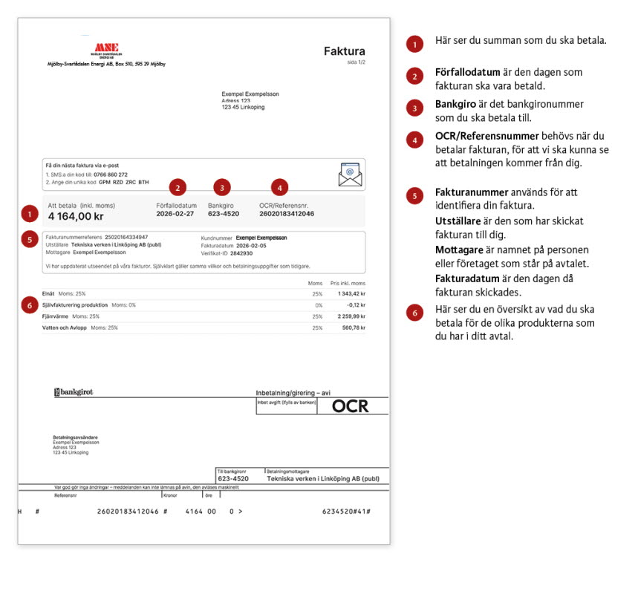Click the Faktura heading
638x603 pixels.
click(x=344, y=51)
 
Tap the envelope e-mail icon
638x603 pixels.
click(x=349, y=173)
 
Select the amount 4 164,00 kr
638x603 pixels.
click(x=77, y=216)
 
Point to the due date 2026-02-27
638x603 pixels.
click(x=176, y=213)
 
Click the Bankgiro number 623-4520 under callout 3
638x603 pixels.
click(x=224, y=213)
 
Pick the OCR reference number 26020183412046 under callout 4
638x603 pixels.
click(x=287, y=213)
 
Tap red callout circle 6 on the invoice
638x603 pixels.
click(x=28, y=305)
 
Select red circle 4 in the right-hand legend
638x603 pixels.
click(x=414, y=140)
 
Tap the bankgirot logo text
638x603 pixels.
click(x=74, y=391)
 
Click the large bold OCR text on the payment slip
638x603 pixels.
click(x=349, y=405)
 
